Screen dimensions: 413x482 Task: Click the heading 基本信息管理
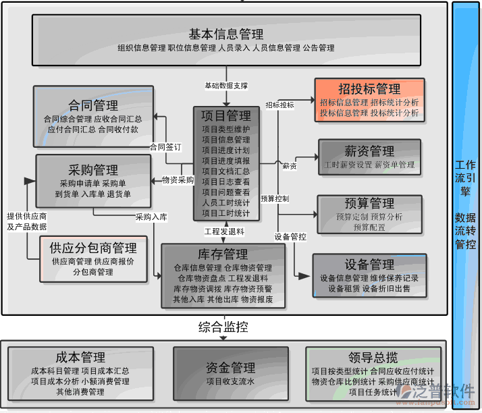(225, 34)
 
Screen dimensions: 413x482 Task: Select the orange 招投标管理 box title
(369, 89)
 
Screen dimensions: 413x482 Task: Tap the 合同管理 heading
(93, 105)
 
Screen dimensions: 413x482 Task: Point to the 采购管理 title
(93, 170)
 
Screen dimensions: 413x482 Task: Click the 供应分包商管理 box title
(93, 248)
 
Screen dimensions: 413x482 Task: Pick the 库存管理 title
(223, 254)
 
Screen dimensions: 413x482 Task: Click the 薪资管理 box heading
(369, 151)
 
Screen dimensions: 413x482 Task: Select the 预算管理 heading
(369, 203)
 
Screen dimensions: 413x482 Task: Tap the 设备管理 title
(369, 265)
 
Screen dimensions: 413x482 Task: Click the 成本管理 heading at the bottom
(80, 358)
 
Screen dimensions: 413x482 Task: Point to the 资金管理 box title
(230, 368)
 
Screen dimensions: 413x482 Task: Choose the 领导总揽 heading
(373, 358)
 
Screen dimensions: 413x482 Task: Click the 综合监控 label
(223, 327)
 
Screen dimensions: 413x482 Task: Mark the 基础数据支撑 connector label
(225, 86)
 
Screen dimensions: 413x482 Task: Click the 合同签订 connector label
(165, 146)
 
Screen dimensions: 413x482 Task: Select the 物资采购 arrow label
(178, 180)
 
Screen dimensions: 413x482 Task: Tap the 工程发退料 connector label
(224, 231)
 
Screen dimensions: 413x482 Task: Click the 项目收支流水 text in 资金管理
(230, 382)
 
